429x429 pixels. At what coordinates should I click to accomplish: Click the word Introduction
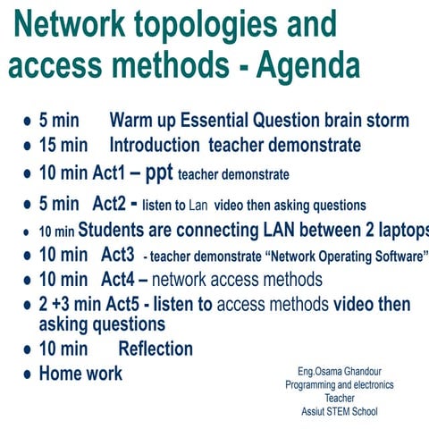[160, 145]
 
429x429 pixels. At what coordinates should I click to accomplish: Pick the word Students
[125, 230]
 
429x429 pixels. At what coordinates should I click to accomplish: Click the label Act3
[118, 255]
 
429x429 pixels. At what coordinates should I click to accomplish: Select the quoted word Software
[394, 256]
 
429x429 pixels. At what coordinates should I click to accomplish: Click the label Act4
[118, 280]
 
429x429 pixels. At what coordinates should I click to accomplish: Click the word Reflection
[156, 348]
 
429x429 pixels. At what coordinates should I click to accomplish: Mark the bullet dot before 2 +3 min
[28, 306]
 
